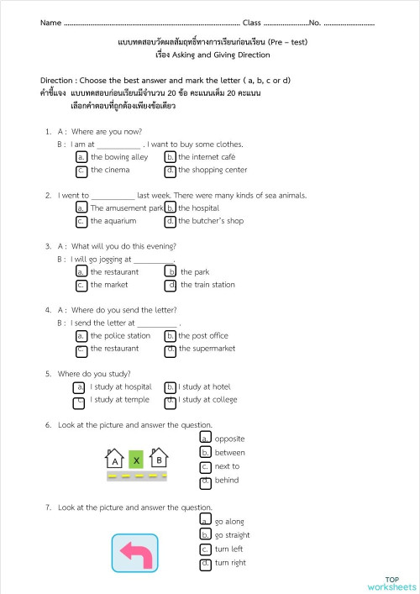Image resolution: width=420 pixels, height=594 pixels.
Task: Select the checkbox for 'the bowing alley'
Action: click(81, 157)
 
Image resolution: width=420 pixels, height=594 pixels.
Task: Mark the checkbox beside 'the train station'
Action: click(171, 285)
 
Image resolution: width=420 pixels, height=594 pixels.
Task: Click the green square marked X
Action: click(135, 460)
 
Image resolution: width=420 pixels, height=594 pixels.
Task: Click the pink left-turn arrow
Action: click(134, 553)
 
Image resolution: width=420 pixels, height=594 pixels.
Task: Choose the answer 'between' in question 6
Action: click(206, 453)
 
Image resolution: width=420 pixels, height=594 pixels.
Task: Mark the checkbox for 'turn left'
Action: click(206, 549)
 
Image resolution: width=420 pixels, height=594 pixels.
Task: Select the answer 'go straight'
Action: click(206, 535)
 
